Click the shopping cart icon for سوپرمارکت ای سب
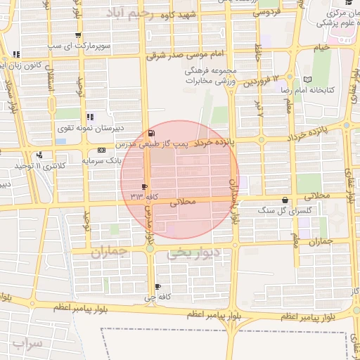pyautogui.click(x=77, y=35)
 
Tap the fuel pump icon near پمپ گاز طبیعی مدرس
pyautogui.click(x=152, y=133)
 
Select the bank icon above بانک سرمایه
pyautogui.click(x=102, y=150)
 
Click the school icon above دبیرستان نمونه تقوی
pyautogui.click(x=90, y=117)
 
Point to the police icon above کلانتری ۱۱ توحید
pyautogui.click(x=39, y=155)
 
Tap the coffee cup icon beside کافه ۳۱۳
pyautogui.click(x=144, y=186)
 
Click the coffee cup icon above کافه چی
pyautogui.click(x=157, y=286)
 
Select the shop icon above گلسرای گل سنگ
pyautogui.click(x=285, y=200)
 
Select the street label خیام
pyautogui.click(x=321, y=47)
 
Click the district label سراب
pyautogui.click(x=27, y=344)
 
